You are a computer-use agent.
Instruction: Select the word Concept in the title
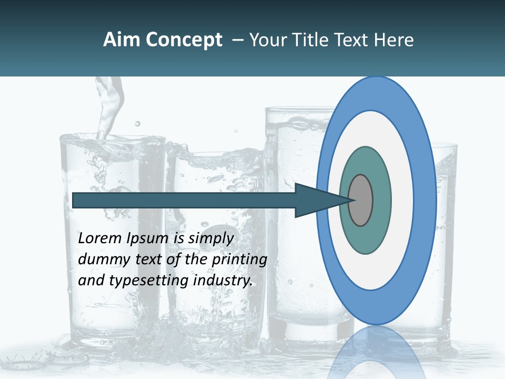click(x=184, y=40)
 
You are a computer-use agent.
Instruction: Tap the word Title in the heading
click(x=305, y=40)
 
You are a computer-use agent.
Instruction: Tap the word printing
click(x=240, y=260)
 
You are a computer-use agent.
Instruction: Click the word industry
click(x=223, y=281)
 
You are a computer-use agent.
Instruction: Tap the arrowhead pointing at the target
click(x=316, y=200)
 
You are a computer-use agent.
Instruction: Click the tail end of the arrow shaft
click(x=76, y=200)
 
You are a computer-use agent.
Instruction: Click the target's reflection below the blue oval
click(x=376, y=353)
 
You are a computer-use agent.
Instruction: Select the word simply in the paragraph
click(x=210, y=239)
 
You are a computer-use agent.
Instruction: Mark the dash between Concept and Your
click(x=237, y=40)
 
